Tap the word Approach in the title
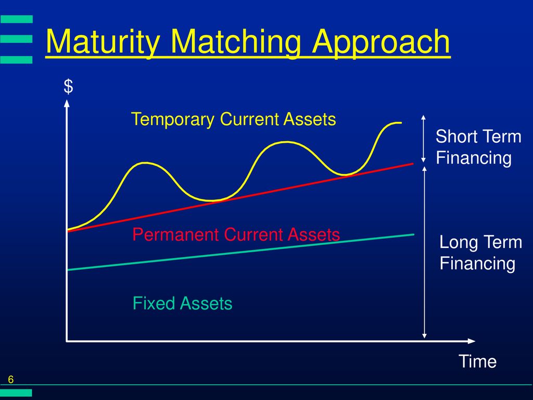pos(381,43)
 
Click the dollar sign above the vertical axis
pos(68,86)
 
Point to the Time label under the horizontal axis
pos(477,361)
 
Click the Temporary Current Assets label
pos(234,119)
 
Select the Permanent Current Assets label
pos(236,234)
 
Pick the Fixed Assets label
pos(182,303)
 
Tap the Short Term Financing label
pos(478,147)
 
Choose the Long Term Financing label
pos(480,253)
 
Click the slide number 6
pos(11,380)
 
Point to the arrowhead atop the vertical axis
pos(67,103)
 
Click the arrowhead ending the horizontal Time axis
pos(472,341)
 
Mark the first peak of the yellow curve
pos(146,162)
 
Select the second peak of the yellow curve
pos(287,142)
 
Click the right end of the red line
pos(413,164)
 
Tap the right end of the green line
pos(414,234)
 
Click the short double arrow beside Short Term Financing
pos(423,139)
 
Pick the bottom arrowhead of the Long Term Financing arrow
pos(424,336)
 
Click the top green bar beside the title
pos(16,19)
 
